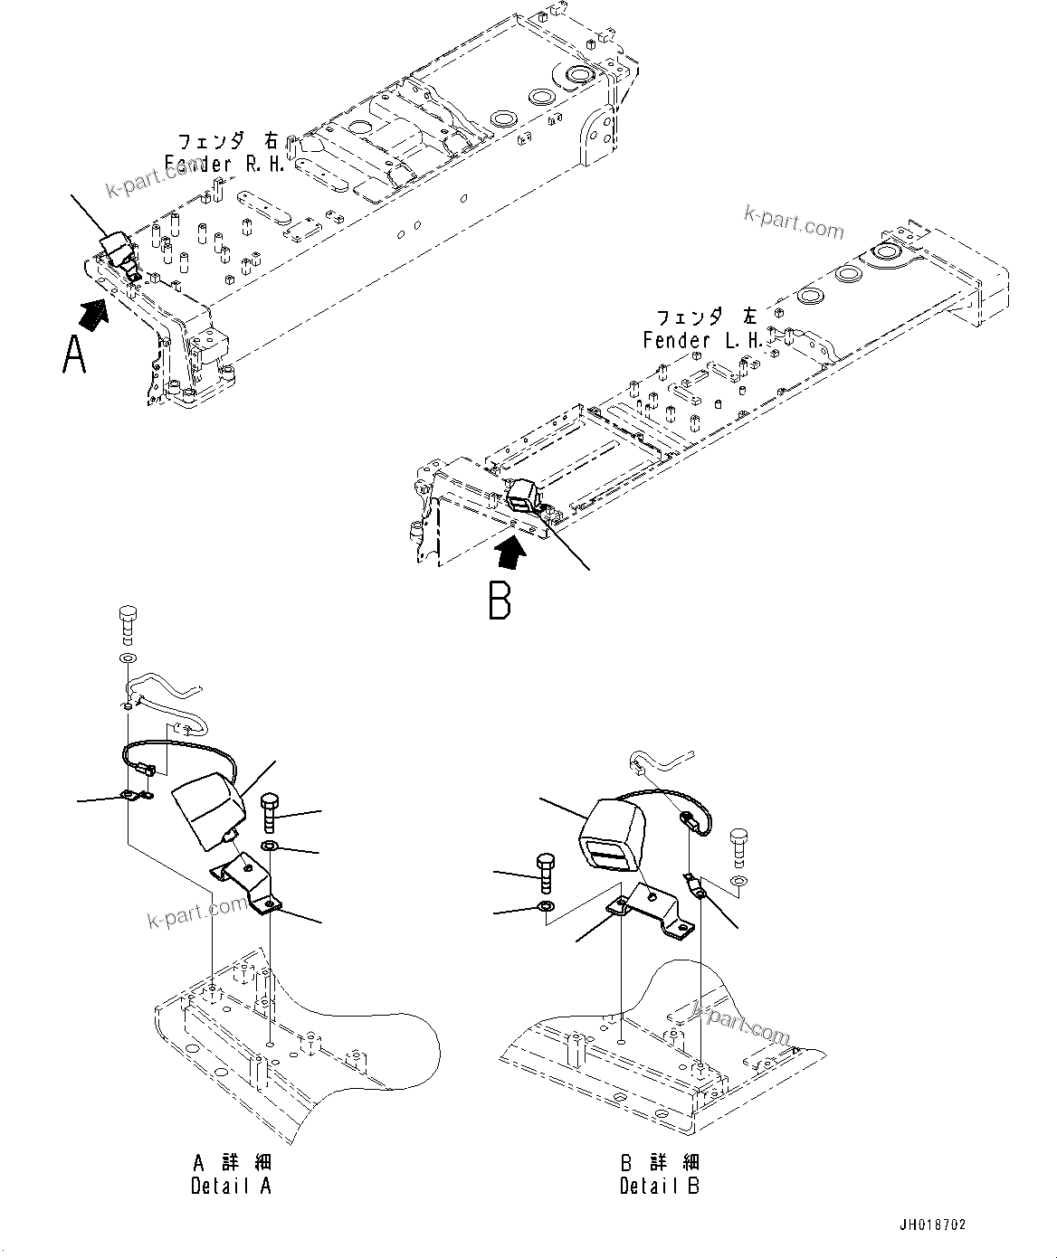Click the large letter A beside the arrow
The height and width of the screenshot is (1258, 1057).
(x=73, y=354)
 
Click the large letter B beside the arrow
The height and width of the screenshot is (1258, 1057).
(x=499, y=600)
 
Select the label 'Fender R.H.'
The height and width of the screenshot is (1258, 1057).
(x=225, y=153)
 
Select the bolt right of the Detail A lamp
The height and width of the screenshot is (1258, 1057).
(x=270, y=812)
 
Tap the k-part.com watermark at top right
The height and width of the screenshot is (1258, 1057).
(x=793, y=222)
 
